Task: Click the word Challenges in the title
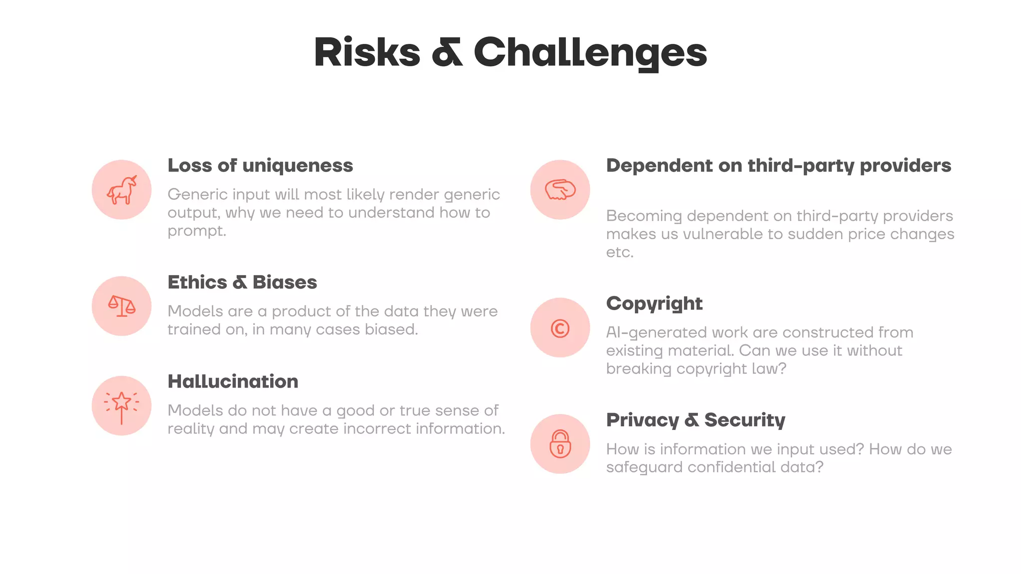pyautogui.click(x=590, y=53)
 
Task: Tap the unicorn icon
pyautogui.click(x=122, y=190)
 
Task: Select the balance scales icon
pyautogui.click(x=122, y=306)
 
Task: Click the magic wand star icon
pyautogui.click(x=122, y=406)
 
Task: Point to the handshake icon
pyautogui.click(x=560, y=190)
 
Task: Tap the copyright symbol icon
pyautogui.click(x=560, y=328)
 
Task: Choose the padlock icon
pyautogui.click(x=560, y=444)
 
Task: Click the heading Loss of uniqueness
pyautogui.click(x=260, y=165)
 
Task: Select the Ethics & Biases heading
pyautogui.click(x=242, y=282)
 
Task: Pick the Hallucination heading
pyautogui.click(x=233, y=382)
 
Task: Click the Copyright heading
pyautogui.click(x=654, y=303)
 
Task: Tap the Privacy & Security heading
pyautogui.click(x=695, y=420)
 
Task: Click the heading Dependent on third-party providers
pyautogui.click(x=779, y=165)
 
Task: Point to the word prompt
pyautogui.click(x=196, y=231)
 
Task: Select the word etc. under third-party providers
pyautogui.click(x=620, y=252)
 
